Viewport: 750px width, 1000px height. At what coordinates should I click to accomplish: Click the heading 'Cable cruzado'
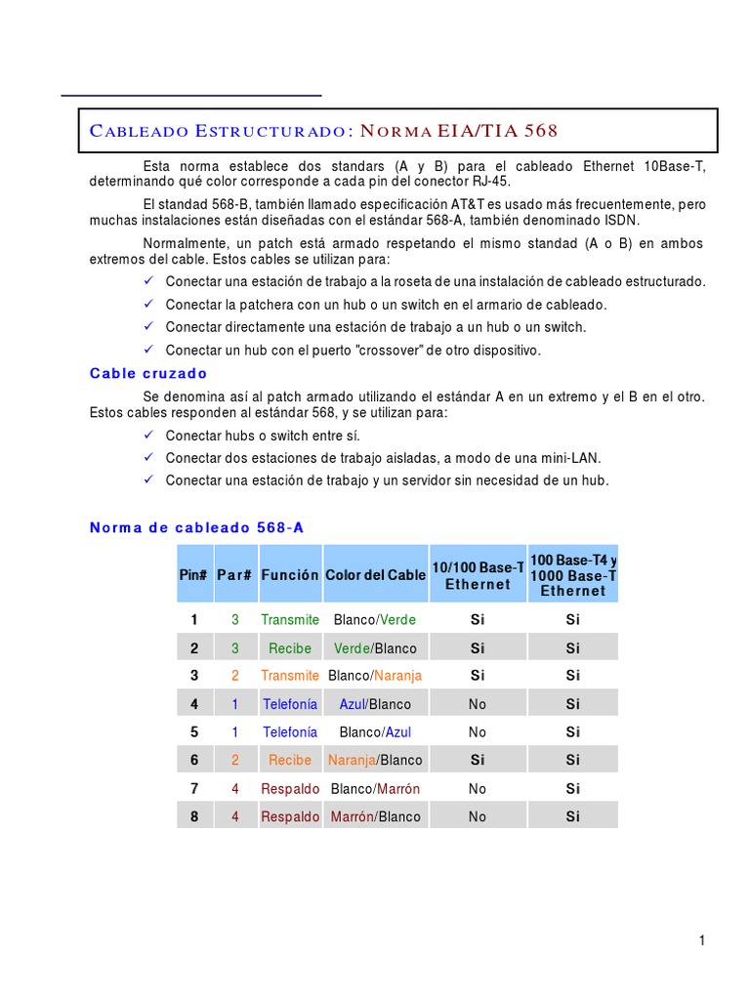pyautogui.click(x=148, y=373)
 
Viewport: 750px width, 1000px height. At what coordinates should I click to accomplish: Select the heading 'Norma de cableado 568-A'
pyautogui.click(x=196, y=527)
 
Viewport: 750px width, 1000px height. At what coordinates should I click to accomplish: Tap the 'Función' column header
pyautogui.click(x=290, y=575)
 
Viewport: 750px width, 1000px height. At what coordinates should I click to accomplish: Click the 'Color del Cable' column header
pyautogui.click(x=375, y=575)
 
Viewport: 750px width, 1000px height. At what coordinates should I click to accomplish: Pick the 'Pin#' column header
pyautogui.click(x=193, y=575)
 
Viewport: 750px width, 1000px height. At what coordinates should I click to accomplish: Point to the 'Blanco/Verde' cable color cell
pyautogui.click(x=375, y=620)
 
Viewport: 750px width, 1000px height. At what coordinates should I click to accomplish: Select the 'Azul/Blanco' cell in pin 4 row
pyautogui.click(x=375, y=704)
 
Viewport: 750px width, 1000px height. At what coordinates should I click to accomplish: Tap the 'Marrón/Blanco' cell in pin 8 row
pyautogui.click(x=375, y=816)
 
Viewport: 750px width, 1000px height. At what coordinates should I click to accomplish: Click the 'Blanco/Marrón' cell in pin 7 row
pyautogui.click(x=375, y=788)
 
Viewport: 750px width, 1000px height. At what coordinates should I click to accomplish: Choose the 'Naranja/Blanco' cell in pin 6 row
pyautogui.click(x=375, y=760)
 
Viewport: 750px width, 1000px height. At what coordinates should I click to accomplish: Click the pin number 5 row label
pyautogui.click(x=194, y=731)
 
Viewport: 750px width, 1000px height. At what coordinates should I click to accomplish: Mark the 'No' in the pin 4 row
pyautogui.click(x=477, y=704)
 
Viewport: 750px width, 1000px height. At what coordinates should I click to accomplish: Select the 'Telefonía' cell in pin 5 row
pyautogui.click(x=290, y=731)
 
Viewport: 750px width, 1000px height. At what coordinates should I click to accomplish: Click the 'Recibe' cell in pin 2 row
pyautogui.click(x=290, y=648)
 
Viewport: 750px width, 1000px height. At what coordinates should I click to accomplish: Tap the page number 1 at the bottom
pyautogui.click(x=701, y=940)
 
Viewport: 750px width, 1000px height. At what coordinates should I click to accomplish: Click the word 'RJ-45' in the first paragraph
pyautogui.click(x=490, y=182)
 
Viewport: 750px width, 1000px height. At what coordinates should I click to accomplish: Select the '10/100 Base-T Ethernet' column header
pyautogui.click(x=478, y=575)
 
